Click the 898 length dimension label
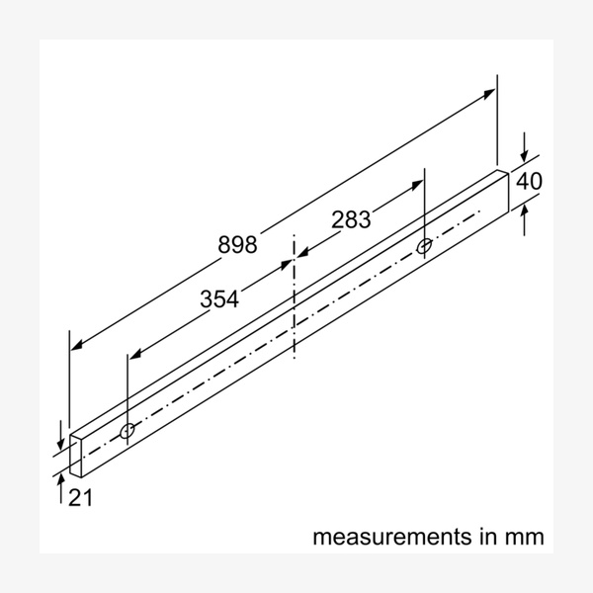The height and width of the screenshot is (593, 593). [237, 244]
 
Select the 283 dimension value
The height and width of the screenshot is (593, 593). [351, 220]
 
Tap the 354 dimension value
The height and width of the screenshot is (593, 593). [219, 299]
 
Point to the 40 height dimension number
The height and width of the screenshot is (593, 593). [530, 182]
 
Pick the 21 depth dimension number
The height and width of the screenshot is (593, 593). [81, 499]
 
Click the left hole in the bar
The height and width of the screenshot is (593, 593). [128, 432]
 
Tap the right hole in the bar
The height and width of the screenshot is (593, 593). [424, 245]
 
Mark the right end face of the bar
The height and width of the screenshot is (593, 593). [502, 193]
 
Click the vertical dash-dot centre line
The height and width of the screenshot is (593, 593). [294, 296]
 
